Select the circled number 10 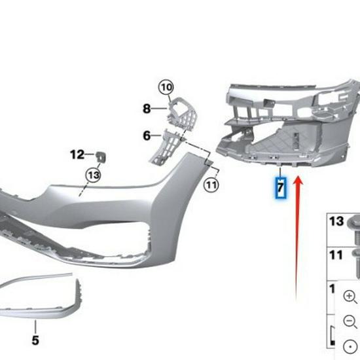tap(167, 87)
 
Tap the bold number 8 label tap(147, 108)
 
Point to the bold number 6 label tap(147, 135)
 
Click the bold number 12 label tap(77, 154)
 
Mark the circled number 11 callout tap(211, 185)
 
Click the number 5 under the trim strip tap(35, 340)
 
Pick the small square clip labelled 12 tap(102, 154)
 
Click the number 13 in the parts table tap(336, 222)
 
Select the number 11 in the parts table tap(336, 256)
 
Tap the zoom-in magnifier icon tap(349, 297)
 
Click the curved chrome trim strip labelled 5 tap(39, 288)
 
